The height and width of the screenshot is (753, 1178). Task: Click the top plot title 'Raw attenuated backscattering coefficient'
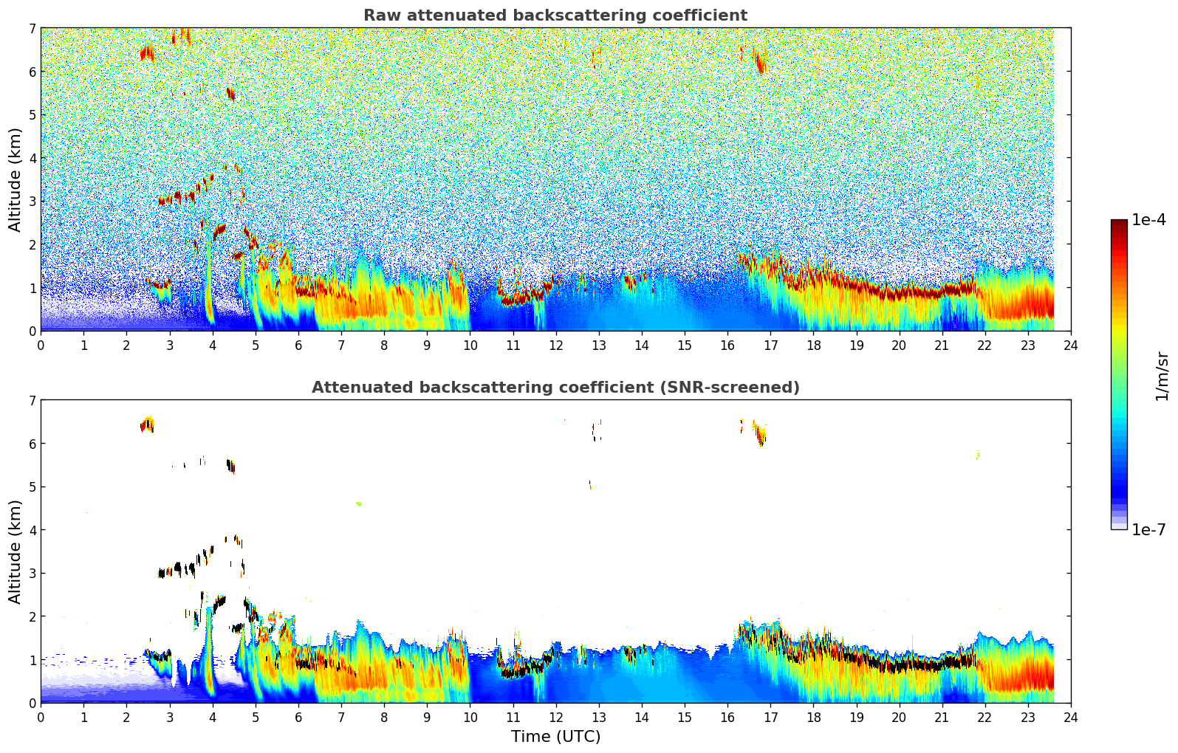pos(555,16)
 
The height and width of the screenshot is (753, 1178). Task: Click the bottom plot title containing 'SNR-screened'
pos(555,388)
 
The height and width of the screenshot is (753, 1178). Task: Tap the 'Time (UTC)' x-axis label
pos(555,737)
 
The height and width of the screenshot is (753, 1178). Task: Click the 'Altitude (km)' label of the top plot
pos(16,179)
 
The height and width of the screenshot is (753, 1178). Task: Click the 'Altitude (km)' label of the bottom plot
pos(16,551)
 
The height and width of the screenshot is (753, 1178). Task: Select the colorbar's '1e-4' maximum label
pos(1149,220)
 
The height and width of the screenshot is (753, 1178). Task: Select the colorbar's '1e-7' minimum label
pos(1149,529)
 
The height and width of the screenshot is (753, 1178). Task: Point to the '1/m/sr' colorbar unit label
pos(1162,376)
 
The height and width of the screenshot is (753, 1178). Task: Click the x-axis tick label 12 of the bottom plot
pos(555,718)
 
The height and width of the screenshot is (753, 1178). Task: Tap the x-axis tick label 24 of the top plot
pos(1071,345)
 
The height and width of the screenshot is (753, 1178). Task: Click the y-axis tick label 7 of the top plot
pos(32,29)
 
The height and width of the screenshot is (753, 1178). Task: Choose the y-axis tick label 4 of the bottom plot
pos(32,530)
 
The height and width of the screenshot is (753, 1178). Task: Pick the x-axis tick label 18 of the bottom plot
pos(813,718)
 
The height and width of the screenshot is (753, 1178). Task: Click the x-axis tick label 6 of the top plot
pos(298,345)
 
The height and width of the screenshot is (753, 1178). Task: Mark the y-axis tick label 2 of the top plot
pos(32,245)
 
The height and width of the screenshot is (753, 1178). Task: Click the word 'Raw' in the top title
pos(379,16)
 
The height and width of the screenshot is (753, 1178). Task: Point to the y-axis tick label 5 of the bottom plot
pos(32,487)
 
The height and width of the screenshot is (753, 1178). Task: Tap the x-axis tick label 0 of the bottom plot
pos(41,718)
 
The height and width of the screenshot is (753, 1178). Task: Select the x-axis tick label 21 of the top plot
pos(942,345)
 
